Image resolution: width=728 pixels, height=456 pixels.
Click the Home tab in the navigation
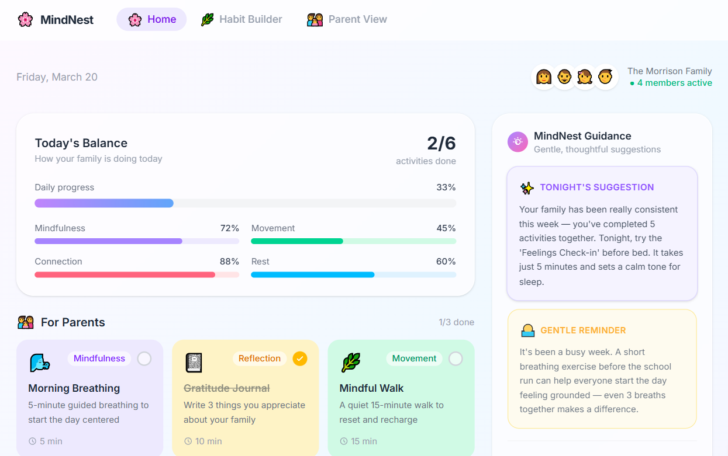151,19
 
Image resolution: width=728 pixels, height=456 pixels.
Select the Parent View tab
347,19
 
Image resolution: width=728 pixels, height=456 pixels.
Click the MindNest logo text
67,20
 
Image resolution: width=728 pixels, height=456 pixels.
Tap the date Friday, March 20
57,77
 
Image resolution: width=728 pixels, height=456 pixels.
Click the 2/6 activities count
441,144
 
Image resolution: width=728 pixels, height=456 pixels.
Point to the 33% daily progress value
446,187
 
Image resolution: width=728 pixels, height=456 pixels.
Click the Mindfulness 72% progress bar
137,241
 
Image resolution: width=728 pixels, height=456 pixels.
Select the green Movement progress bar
353,241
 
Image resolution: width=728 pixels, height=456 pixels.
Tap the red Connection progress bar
137,274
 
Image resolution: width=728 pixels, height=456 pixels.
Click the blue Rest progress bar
353,274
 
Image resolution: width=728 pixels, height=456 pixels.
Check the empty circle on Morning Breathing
144,358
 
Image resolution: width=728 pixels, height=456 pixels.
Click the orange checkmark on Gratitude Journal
299,358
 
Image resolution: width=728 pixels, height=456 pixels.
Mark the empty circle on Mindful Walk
455,358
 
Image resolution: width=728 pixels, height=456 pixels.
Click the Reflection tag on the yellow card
259,358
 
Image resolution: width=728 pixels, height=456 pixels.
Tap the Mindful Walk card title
371,388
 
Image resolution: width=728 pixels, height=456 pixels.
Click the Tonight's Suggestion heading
596,187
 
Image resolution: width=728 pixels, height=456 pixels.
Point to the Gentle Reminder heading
582,330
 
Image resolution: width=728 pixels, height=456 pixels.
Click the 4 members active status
674,83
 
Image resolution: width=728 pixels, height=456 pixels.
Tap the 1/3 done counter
456,322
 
